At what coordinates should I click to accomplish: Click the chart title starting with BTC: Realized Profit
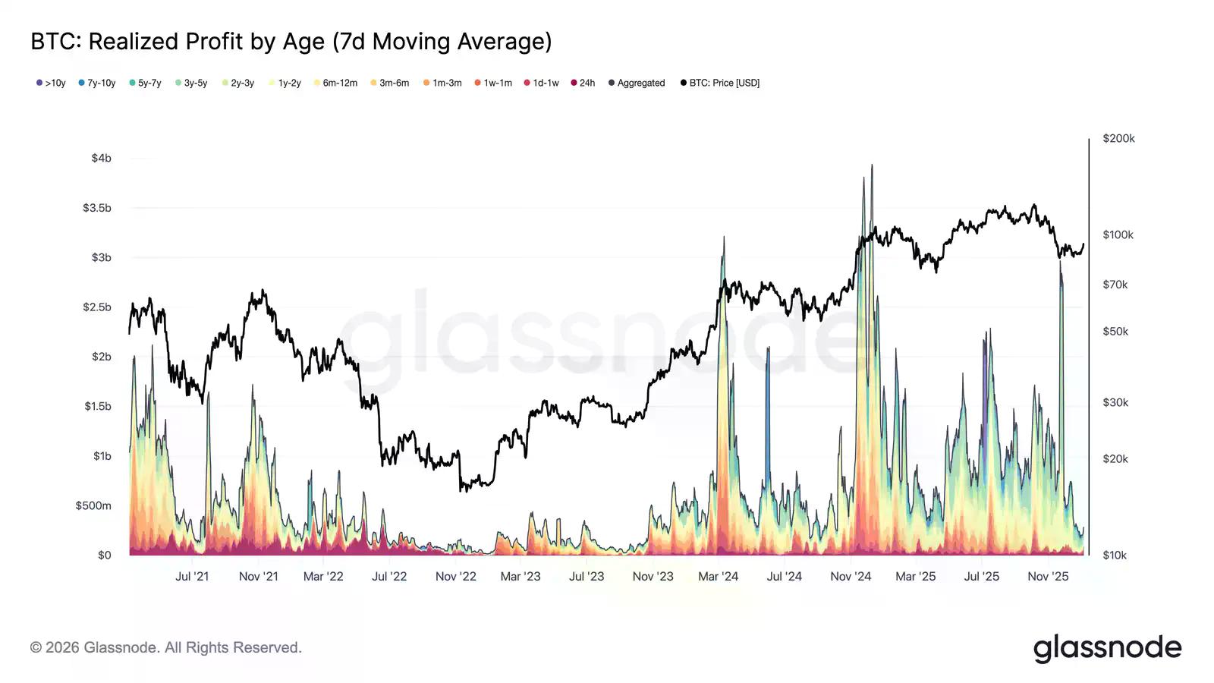[291, 41]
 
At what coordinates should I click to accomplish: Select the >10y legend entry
[51, 83]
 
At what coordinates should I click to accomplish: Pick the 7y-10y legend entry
[97, 83]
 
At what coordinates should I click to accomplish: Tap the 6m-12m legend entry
[335, 83]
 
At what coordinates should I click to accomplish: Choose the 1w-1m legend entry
[493, 83]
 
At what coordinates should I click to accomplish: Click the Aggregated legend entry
[637, 83]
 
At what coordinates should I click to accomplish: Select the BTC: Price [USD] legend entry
[720, 83]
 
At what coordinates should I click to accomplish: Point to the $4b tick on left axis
[101, 158]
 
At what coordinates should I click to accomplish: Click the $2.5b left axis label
[96, 307]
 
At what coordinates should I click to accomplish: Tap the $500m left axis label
[93, 505]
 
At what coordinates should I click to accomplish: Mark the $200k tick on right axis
[1118, 138]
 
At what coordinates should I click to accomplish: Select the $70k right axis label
[1115, 285]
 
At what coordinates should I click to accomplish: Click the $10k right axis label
[1115, 555]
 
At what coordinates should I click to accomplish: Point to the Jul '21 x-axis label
[192, 576]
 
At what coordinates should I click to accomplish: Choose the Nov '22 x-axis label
[455, 576]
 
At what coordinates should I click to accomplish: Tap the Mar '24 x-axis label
[718, 576]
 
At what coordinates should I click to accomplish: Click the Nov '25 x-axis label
[1048, 576]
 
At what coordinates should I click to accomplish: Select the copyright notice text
[166, 647]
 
